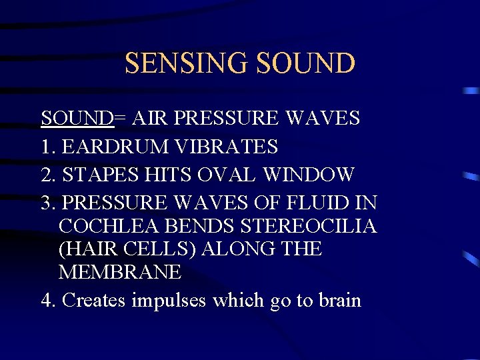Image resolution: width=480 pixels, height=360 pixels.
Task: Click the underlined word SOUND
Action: pos(77,118)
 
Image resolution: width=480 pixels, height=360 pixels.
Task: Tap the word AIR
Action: pos(149,118)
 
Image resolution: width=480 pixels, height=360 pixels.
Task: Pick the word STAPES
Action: pos(101,175)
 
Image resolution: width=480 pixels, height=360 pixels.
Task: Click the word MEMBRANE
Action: pos(120,272)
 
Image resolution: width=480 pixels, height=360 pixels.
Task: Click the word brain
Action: pos(339,300)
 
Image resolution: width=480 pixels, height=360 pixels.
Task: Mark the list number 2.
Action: pos(47,175)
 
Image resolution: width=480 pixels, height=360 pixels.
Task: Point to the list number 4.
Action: pos(47,300)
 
